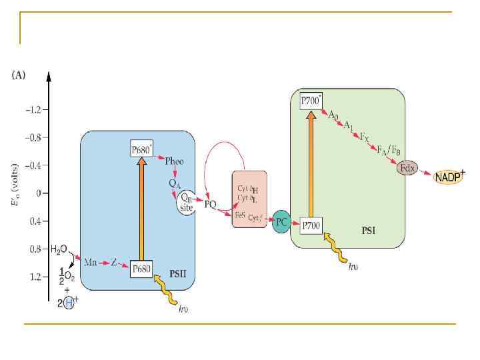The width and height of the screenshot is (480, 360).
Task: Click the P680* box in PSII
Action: pyautogui.click(x=142, y=149)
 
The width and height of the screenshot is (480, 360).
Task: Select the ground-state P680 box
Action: pyautogui.click(x=142, y=269)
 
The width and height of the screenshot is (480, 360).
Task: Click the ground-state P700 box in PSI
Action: pyautogui.click(x=311, y=225)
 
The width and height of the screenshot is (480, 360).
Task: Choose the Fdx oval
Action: pyautogui.click(x=407, y=169)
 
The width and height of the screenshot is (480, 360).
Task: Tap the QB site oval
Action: pyautogui.click(x=187, y=202)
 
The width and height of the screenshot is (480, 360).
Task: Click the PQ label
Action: pyautogui.click(x=211, y=204)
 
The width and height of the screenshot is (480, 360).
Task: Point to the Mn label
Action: pyautogui.click(x=91, y=262)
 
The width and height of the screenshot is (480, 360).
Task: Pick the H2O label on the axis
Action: pyautogui.click(x=59, y=250)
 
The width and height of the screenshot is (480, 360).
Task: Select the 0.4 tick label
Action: pyautogui.click(x=33, y=221)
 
